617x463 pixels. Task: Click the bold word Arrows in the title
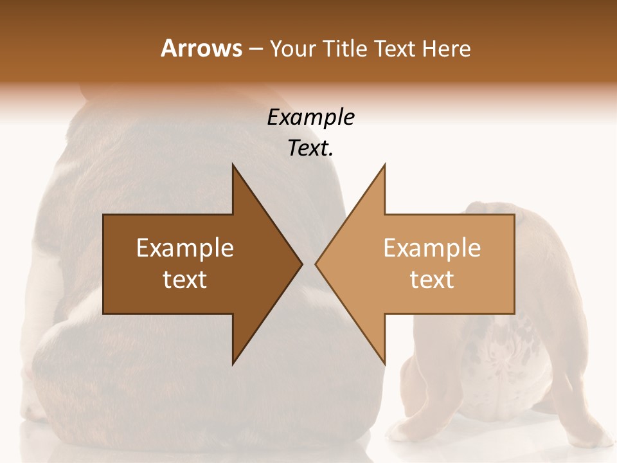201,48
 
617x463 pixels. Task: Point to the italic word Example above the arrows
310,118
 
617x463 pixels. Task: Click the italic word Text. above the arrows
310,149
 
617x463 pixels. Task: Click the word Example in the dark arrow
185,248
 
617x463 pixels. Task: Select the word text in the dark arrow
185,280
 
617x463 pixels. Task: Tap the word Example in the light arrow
432,248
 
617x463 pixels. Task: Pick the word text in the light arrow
432,280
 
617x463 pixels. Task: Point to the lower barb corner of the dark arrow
233,363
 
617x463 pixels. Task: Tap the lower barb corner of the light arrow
384,363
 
